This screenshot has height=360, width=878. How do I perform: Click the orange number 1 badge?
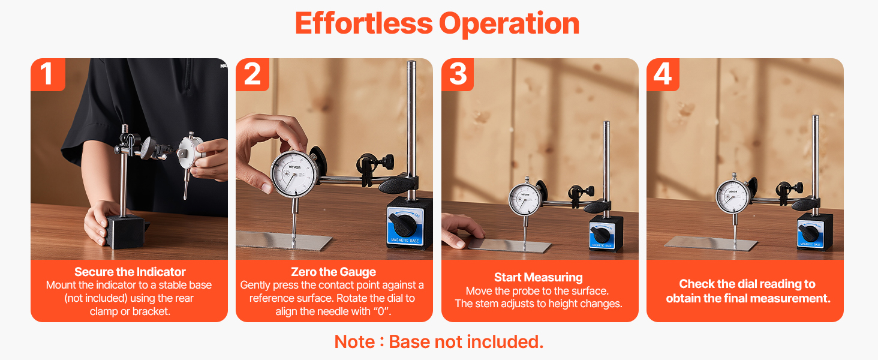48,74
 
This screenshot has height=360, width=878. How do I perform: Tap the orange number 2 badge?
252,74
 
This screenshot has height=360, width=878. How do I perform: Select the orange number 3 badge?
458,74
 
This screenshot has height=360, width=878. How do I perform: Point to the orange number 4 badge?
663,74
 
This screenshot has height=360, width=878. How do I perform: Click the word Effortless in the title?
364,23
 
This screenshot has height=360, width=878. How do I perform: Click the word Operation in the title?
509,25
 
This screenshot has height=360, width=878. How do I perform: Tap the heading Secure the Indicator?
130,272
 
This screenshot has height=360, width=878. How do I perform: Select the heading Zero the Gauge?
333,272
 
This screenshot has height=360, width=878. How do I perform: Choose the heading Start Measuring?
538,277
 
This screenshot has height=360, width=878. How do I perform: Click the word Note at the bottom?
354,342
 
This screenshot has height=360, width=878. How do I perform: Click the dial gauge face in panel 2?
294,175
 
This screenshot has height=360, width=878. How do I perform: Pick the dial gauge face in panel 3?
525,199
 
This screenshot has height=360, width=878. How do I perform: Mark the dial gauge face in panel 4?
733,196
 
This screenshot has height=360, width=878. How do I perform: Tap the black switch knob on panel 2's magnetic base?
402,224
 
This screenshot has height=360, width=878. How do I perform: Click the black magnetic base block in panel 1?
125,232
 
